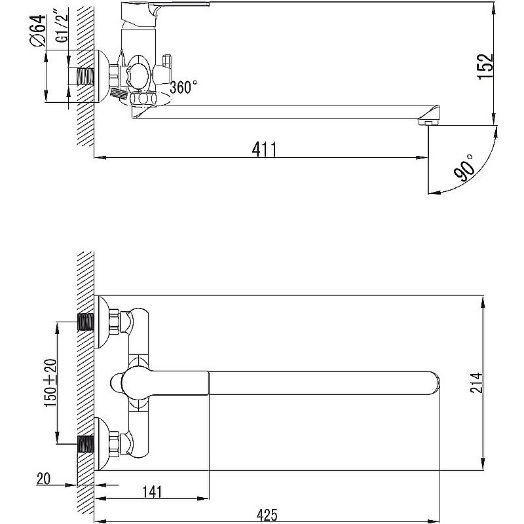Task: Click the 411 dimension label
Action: pyautogui.click(x=265, y=149)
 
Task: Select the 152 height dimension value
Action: pyautogui.click(x=485, y=66)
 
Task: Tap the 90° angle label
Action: pyautogui.click(x=465, y=168)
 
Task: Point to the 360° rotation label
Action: pyautogui.click(x=183, y=87)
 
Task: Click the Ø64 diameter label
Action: pyautogui.click(x=38, y=30)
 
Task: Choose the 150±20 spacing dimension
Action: pyautogui.click(x=50, y=383)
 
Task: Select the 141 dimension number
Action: pyautogui.click(x=152, y=492)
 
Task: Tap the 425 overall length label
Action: pyautogui.click(x=267, y=515)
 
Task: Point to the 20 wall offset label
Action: pyautogui.click(x=43, y=479)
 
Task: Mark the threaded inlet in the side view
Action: pyautogui.click(x=86, y=76)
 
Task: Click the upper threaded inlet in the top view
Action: pyautogui.click(x=86, y=322)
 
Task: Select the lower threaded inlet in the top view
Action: pyautogui.click(x=86, y=444)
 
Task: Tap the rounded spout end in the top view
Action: pyautogui.click(x=434, y=383)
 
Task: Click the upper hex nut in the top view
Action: pyautogui.click(x=115, y=322)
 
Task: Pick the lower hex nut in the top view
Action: pyautogui.click(x=115, y=444)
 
